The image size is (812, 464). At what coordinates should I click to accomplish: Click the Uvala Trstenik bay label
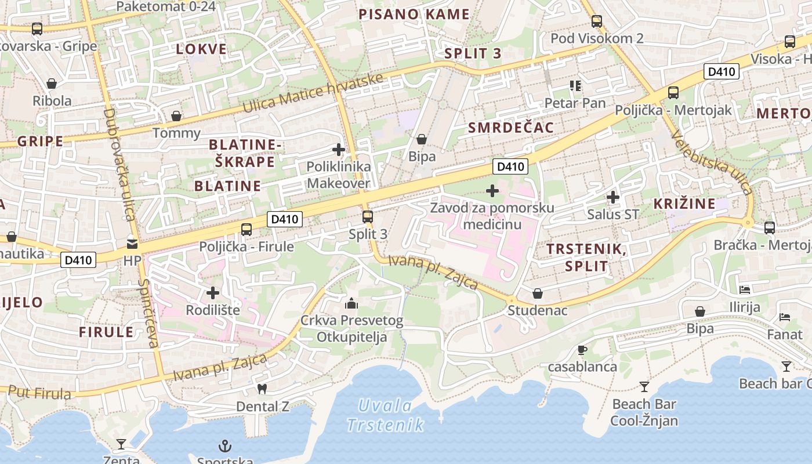tap(385, 415)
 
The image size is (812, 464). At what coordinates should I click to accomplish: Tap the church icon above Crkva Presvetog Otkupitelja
tap(351, 303)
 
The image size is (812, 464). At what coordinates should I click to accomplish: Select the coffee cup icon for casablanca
tap(582, 350)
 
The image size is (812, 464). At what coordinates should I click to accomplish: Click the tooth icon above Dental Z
tap(262, 389)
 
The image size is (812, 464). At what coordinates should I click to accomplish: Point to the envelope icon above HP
tap(132, 244)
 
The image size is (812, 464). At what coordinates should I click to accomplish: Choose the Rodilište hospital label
tap(213, 310)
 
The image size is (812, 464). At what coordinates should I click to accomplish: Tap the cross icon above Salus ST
tap(613, 197)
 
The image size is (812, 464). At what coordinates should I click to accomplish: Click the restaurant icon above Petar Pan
tap(575, 86)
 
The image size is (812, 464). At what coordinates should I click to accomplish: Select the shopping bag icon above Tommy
tap(176, 116)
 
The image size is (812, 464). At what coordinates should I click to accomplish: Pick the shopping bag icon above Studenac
tap(538, 293)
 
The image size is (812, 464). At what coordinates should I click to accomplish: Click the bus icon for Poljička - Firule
tap(246, 229)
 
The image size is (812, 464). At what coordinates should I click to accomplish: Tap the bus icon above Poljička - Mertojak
tap(673, 92)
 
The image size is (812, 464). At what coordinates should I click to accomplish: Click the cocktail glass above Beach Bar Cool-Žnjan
tap(644, 387)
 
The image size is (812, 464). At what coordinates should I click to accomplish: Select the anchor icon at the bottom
tap(224, 445)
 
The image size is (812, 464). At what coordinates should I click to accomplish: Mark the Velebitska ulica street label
tap(712, 162)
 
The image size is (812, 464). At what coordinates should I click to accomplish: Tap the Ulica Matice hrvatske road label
tap(313, 93)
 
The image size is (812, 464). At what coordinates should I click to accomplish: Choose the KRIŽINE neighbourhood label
tap(684, 204)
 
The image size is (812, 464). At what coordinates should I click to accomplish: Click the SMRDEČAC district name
tap(511, 128)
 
